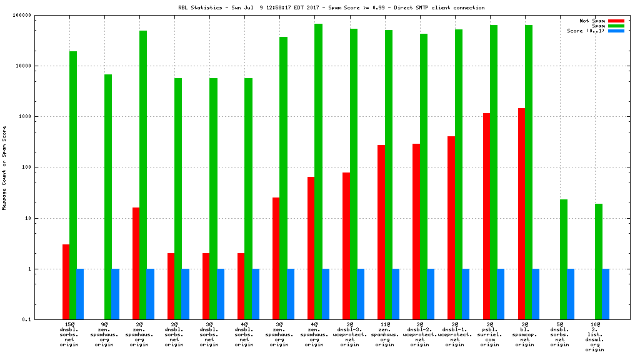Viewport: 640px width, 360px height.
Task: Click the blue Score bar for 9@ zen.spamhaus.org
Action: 116,294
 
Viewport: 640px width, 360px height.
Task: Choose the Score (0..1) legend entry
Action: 586,31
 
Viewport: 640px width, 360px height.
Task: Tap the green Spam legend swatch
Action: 616,26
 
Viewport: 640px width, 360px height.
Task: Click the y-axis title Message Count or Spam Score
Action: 4,167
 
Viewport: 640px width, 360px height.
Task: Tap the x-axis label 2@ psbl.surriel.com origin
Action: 490,334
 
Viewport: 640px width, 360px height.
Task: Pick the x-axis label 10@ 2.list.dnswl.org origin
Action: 595,337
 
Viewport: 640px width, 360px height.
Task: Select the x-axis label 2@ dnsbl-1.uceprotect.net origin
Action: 455,334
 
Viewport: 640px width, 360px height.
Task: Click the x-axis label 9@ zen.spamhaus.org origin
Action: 105,334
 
